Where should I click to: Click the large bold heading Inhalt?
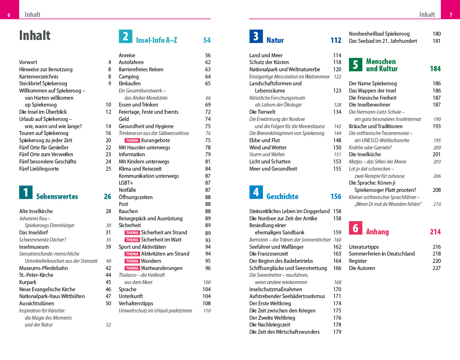(35, 35)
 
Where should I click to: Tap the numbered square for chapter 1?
(26, 192)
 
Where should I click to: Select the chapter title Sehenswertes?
(57, 197)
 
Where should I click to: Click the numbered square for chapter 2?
(125, 36)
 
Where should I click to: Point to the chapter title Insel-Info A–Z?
(156, 40)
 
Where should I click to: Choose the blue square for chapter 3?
(256, 36)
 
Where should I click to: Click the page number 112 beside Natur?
(336, 40)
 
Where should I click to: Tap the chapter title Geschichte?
(282, 197)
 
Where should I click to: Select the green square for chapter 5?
(355, 65)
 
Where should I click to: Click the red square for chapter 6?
(355, 228)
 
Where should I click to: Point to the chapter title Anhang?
(377, 232)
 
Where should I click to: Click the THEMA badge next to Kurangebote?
(132, 141)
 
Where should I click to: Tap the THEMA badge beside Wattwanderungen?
(132, 268)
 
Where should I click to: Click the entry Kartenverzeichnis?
(39, 77)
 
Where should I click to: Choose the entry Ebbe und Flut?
(264, 140)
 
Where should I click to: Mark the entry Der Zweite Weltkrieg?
(272, 318)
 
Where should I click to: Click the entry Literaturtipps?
(364, 247)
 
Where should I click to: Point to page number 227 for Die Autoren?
(436, 268)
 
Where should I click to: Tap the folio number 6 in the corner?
(9, 15)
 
